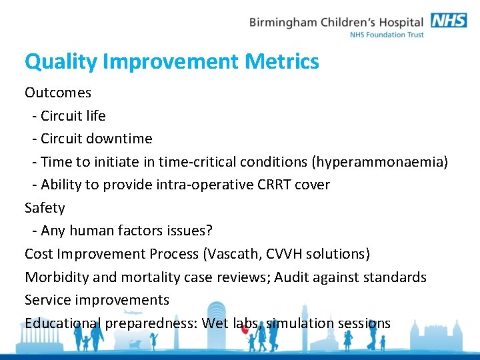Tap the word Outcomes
(x=58, y=93)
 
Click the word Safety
(x=45, y=208)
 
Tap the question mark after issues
(x=209, y=231)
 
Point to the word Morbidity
(x=56, y=277)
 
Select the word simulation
(x=299, y=323)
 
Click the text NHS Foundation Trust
(x=387, y=35)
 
